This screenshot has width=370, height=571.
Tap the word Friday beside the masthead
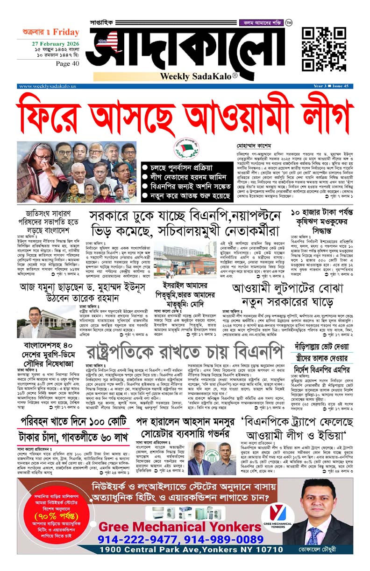click(66, 32)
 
